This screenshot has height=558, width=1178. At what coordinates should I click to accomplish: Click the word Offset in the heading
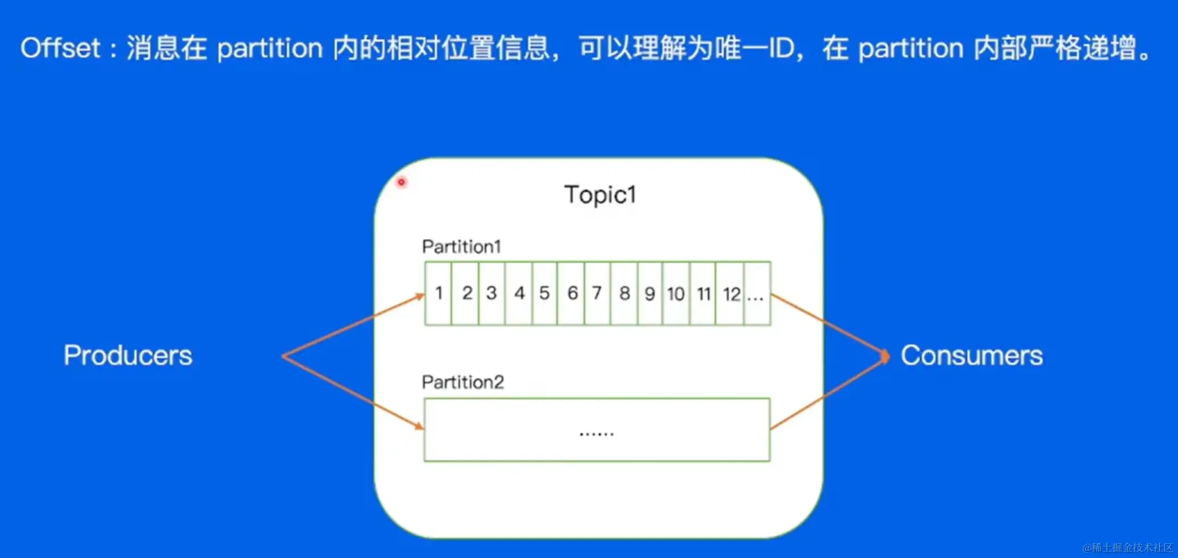point(60,48)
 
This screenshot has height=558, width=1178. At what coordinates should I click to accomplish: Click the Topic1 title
point(600,195)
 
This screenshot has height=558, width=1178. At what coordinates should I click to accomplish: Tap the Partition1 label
point(461,246)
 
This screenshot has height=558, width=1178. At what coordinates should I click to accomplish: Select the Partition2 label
point(462,382)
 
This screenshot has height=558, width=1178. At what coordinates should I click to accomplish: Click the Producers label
point(128,356)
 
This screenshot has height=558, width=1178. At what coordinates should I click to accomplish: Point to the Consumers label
point(972,356)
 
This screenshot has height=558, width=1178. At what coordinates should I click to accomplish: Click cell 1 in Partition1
point(439,294)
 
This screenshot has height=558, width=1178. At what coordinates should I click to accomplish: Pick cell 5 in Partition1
point(544,294)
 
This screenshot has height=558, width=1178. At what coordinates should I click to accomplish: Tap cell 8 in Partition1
point(625,294)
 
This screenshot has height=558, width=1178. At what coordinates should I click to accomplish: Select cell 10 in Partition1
point(676,294)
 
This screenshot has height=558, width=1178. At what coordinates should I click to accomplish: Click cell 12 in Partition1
point(731,294)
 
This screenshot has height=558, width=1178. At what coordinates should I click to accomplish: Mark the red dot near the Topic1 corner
point(402,182)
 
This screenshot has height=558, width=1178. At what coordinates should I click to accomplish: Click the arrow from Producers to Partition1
point(353,325)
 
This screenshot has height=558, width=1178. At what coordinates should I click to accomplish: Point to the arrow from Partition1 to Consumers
point(828,324)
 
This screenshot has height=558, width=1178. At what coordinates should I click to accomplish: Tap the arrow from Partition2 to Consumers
point(828,392)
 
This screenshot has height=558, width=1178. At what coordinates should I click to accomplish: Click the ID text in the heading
point(782,48)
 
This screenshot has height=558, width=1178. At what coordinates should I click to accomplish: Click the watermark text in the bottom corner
point(1127,547)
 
